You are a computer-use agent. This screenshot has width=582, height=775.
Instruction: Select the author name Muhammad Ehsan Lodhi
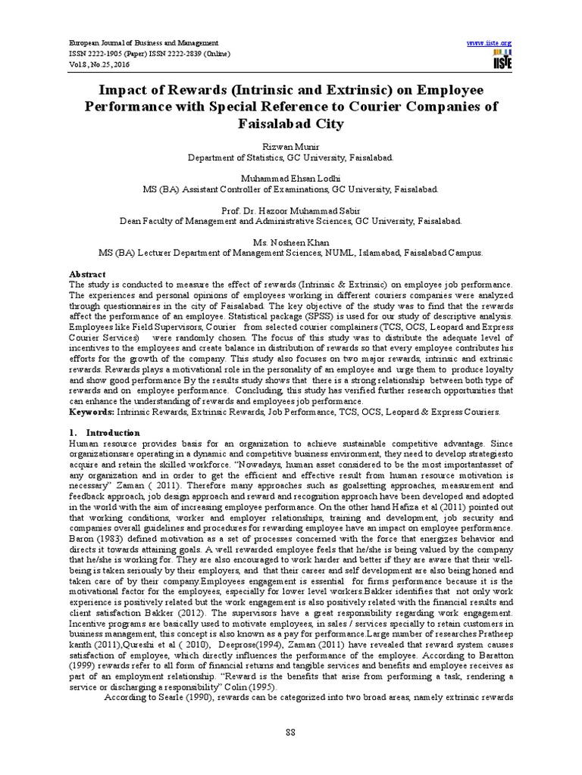point(291,176)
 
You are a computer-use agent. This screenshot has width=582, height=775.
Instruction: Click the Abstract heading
point(86,273)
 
